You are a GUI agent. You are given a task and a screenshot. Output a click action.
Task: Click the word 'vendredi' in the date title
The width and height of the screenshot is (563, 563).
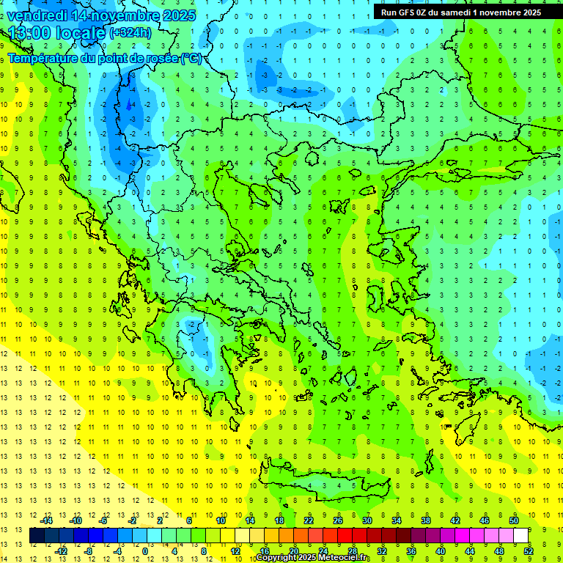(x=39, y=15)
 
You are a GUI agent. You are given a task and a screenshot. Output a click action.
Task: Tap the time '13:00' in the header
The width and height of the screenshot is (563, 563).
(x=31, y=33)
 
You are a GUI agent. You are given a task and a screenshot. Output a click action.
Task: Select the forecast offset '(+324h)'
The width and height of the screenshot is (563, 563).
(x=130, y=33)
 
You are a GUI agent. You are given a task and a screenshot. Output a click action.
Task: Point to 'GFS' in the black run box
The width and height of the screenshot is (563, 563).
(x=409, y=12)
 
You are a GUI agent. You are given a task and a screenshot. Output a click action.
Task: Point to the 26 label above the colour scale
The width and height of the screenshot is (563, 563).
(x=338, y=520)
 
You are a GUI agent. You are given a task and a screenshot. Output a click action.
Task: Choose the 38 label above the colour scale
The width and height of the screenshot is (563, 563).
(x=426, y=520)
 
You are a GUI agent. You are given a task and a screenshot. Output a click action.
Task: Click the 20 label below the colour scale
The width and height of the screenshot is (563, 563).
(x=293, y=551)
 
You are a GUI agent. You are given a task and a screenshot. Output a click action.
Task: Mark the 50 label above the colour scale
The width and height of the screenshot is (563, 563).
(x=514, y=520)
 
